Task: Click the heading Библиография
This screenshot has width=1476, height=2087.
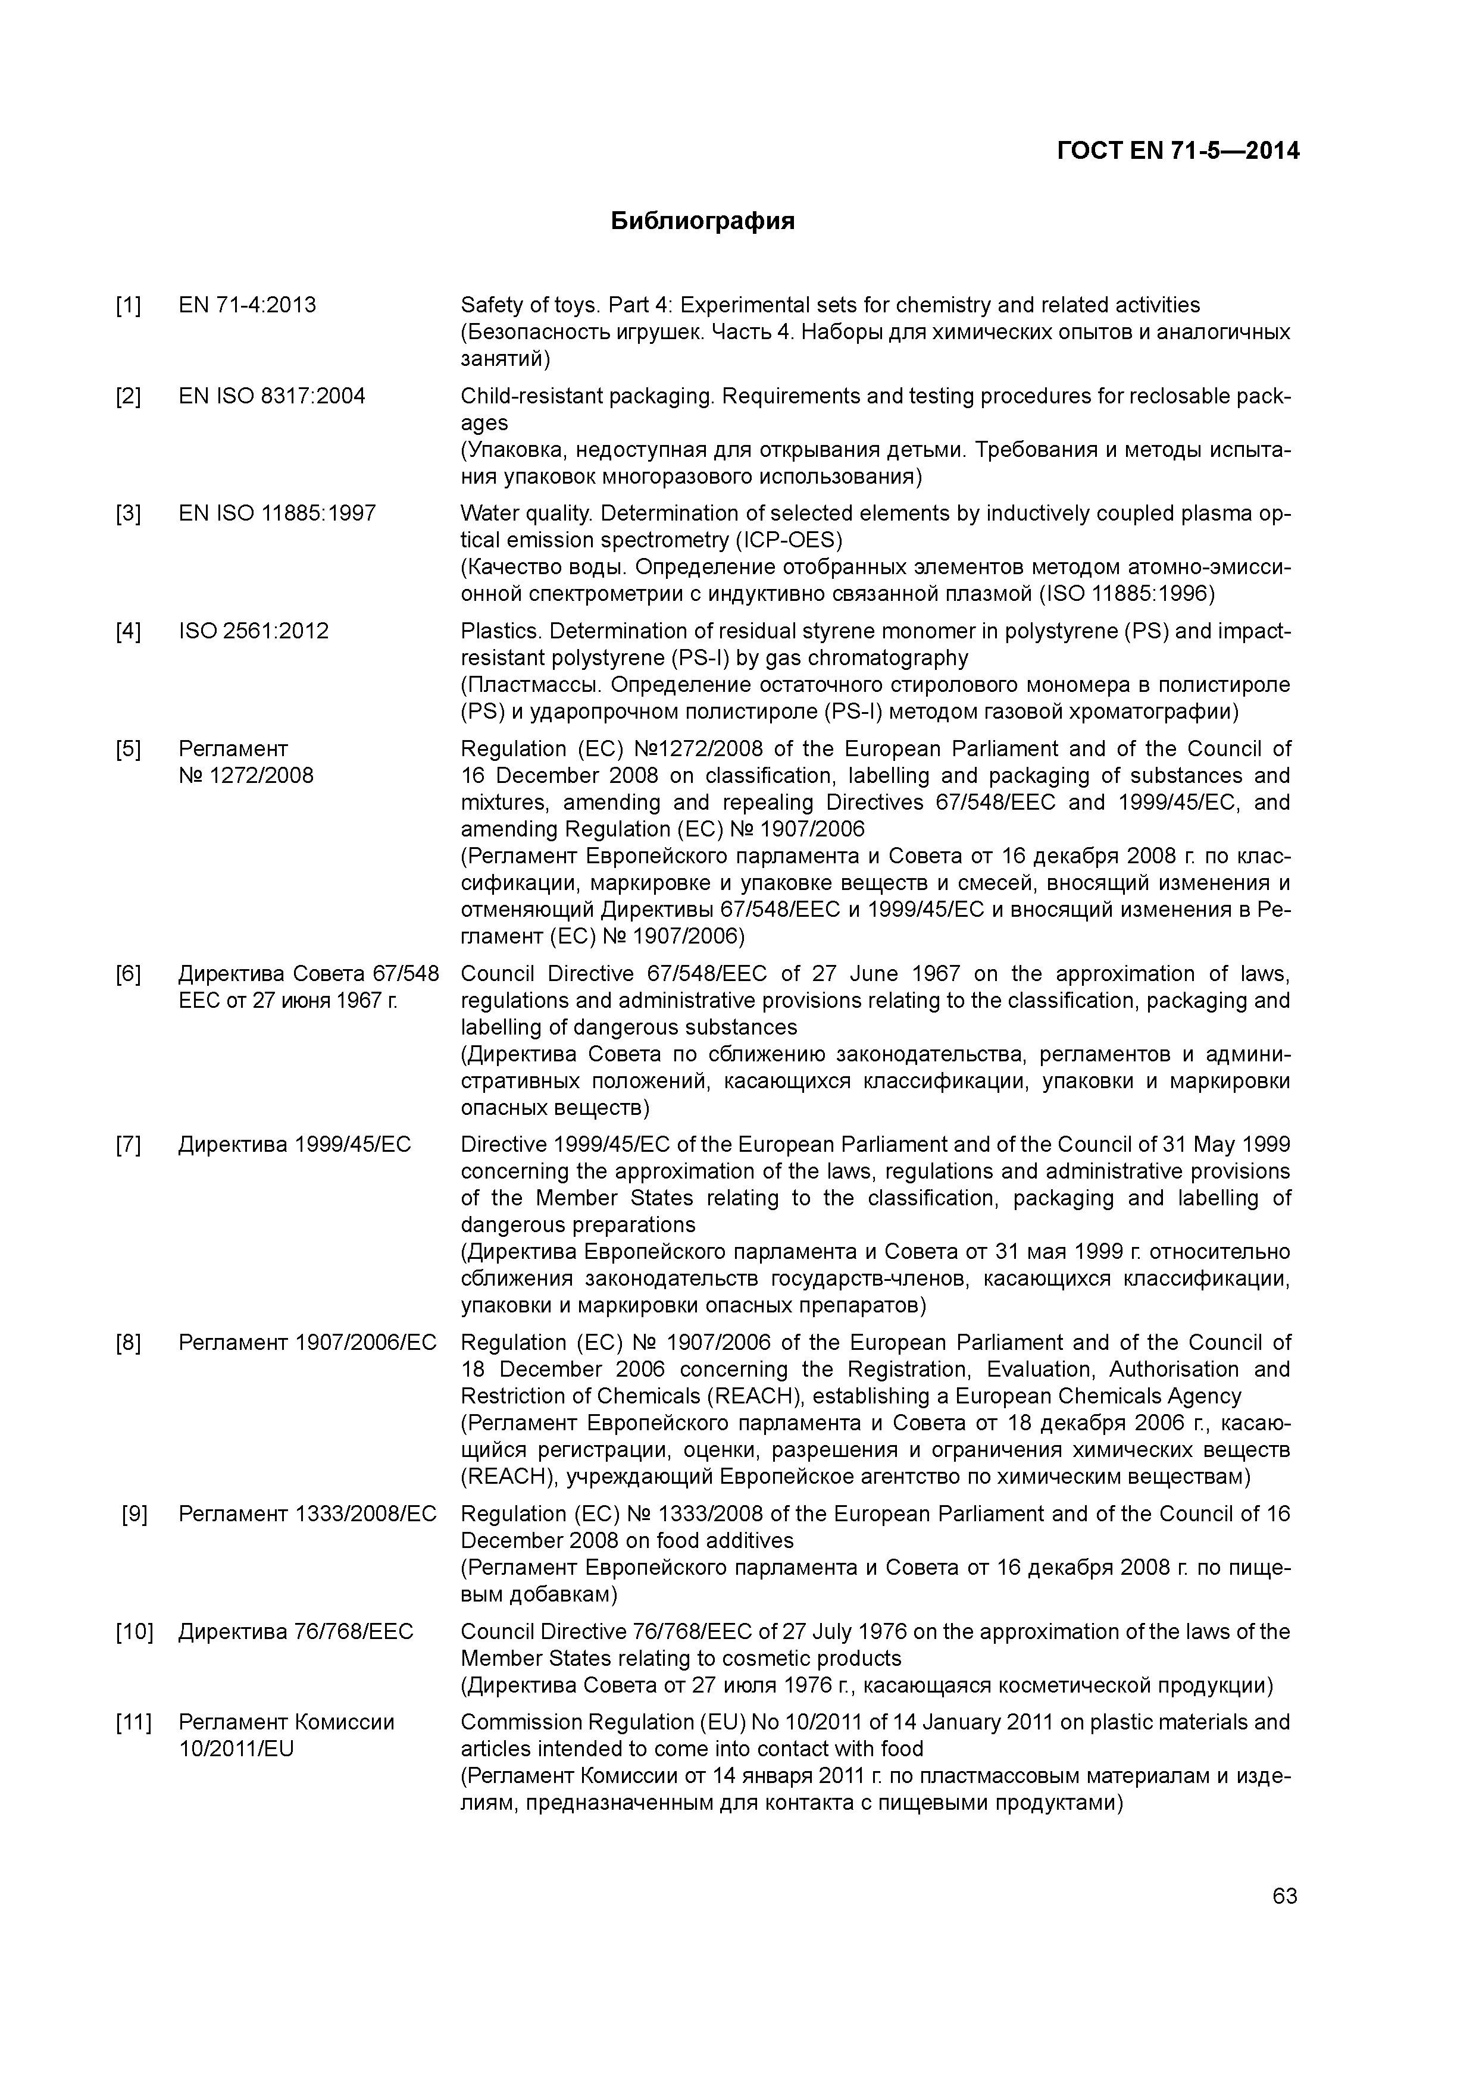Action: pyautogui.click(x=702, y=221)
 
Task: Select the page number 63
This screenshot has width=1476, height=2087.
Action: pyautogui.click(x=1284, y=1896)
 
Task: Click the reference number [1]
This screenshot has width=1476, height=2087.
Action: pyautogui.click(x=128, y=305)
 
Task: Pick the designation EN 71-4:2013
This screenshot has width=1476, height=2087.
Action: pyautogui.click(x=248, y=305)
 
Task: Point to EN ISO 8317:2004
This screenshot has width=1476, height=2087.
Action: pyautogui.click(x=272, y=396)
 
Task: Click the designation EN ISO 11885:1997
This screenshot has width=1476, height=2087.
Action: pyautogui.click(x=277, y=513)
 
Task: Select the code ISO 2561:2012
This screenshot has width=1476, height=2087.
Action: pyautogui.click(x=254, y=631)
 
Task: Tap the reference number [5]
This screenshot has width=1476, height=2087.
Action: pyautogui.click(x=128, y=749)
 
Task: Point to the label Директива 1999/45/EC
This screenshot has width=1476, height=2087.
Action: pyautogui.click(x=295, y=1145)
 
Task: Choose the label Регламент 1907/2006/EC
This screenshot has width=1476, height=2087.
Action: pyautogui.click(x=307, y=1343)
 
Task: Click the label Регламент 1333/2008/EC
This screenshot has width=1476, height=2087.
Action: pyautogui.click(x=307, y=1513)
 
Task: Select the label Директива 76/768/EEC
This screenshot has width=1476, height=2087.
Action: pyautogui.click(x=296, y=1632)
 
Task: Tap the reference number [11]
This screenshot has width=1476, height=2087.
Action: pyautogui.click(x=134, y=1722)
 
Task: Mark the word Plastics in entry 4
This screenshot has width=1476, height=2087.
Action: pyautogui.click(x=499, y=631)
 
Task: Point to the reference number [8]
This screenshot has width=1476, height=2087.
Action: pyautogui.click(x=128, y=1343)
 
